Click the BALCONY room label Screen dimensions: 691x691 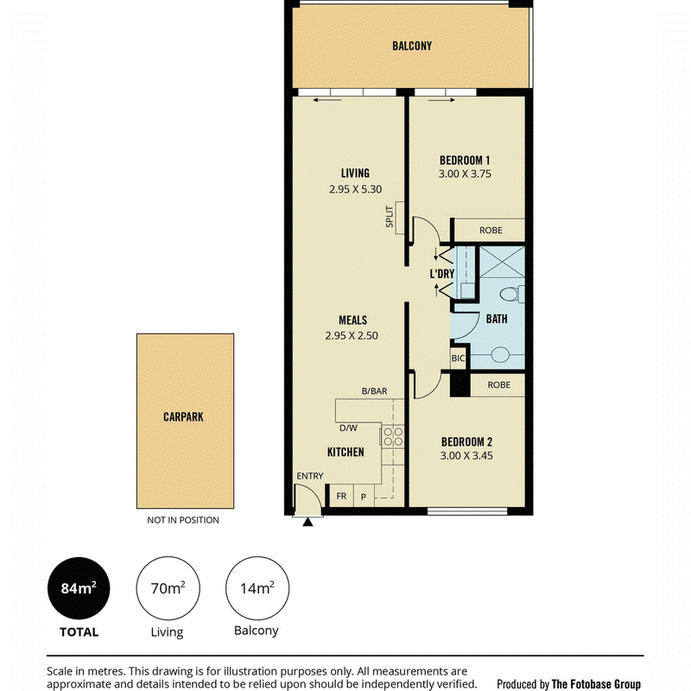pos(412,46)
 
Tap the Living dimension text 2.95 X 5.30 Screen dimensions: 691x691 pos(356,189)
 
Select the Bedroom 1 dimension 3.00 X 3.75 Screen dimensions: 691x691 pos(465,174)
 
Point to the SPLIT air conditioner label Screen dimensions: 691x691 pos(390,217)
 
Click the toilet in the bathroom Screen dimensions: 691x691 pos(513,294)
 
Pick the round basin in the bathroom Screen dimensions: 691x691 pos(500,354)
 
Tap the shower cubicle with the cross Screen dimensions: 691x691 pos(502,262)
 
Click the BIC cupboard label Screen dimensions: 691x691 pos(459,358)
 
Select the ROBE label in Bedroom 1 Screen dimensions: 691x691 pos(491,230)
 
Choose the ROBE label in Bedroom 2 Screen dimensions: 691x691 pos(499,384)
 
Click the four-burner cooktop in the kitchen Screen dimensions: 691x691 pos(393,436)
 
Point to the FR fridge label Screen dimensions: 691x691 pos(341,496)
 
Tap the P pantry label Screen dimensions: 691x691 pos(364,498)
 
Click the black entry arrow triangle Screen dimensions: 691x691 pos(307,523)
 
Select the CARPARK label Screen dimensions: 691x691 pos(183,417)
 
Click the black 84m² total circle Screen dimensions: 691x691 pos(79,588)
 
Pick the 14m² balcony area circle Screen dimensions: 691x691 pos(257,588)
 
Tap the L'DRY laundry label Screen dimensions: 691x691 pos(442,274)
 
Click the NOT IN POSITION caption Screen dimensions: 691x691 pos(183,520)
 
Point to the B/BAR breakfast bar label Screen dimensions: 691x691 pos(375,391)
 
